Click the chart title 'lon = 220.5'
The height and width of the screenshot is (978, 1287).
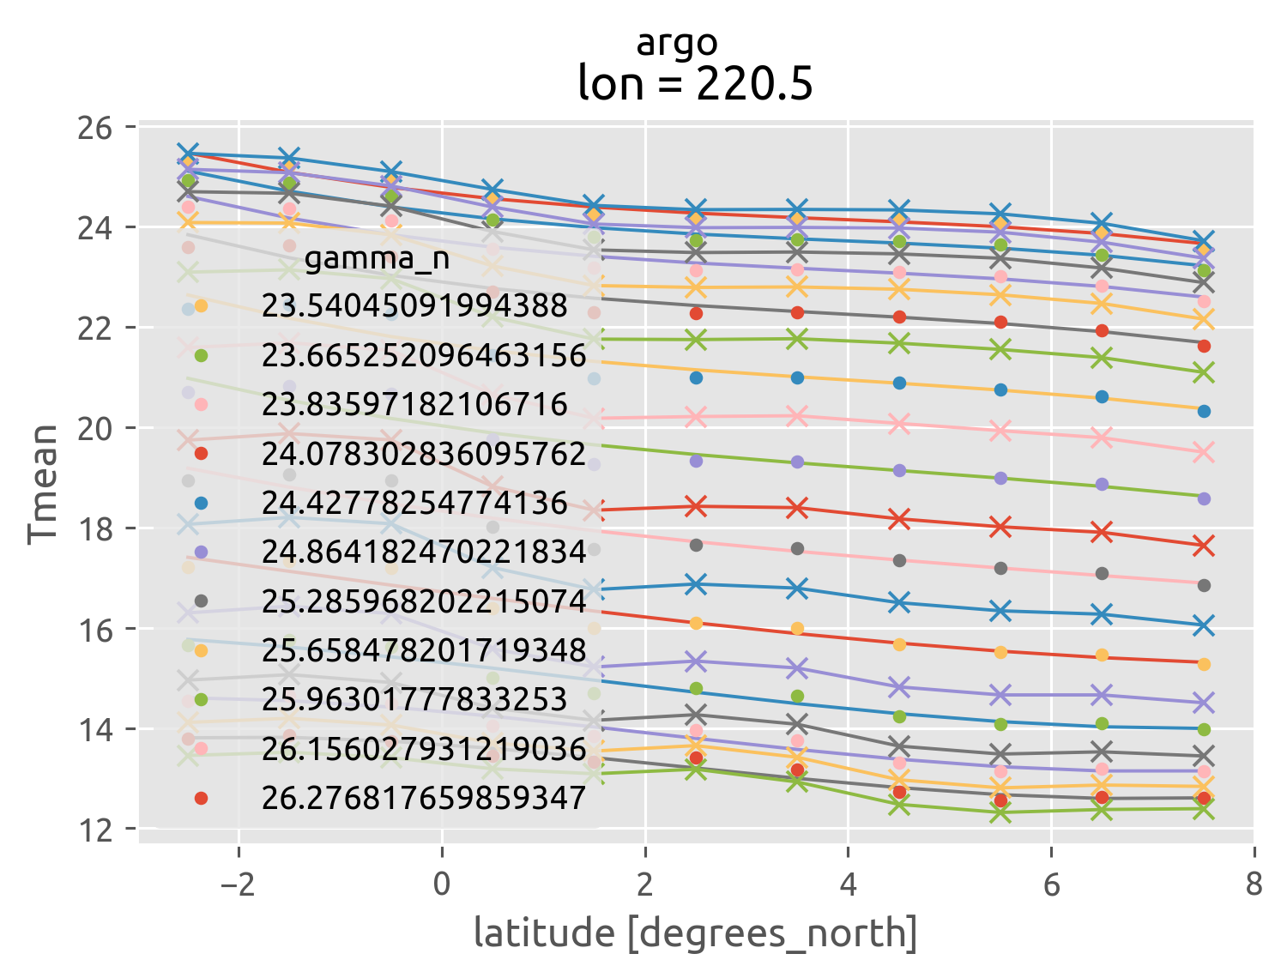click(695, 84)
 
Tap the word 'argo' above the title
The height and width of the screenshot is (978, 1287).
click(677, 43)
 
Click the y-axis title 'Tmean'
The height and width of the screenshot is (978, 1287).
click(43, 484)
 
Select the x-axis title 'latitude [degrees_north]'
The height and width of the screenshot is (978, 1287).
click(695, 933)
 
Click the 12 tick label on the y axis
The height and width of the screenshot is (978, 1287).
click(95, 830)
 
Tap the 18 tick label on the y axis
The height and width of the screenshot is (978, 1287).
click(95, 528)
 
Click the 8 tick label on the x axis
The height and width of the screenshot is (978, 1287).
click(1254, 883)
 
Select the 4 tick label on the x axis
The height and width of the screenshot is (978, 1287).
click(848, 883)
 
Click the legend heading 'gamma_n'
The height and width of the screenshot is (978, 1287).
click(377, 258)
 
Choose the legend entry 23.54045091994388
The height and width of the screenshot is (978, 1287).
click(414, 306)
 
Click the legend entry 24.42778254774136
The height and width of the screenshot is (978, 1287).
click(414, 503)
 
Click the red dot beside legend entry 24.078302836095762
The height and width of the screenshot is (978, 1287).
click(201, 454)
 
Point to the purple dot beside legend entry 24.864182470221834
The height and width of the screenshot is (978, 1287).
click(201, 552)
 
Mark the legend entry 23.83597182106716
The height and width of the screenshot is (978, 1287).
click(414, 404)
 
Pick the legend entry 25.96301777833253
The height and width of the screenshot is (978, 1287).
click(414, 699)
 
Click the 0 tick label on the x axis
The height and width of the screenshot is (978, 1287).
click(441, 883)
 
